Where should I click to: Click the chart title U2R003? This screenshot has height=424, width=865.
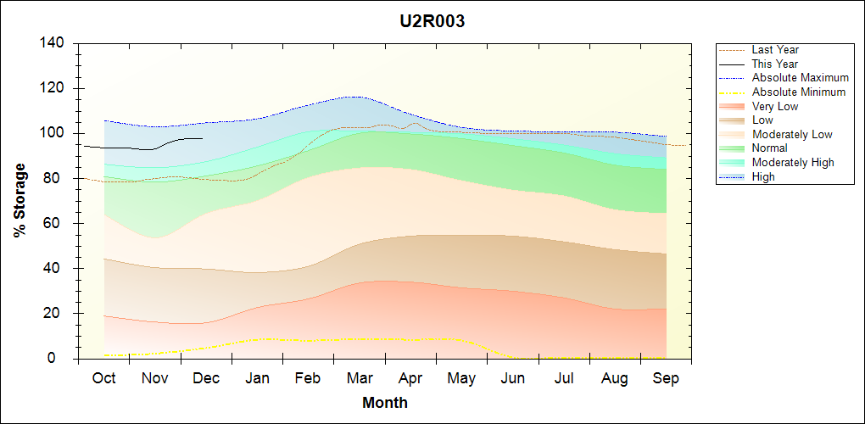pyautogui.click(x=432, y=22)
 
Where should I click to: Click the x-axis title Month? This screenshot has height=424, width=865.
pyautogui.click(x=384, y=403)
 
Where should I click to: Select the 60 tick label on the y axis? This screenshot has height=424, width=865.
pyautogui.click(x=57, y=224)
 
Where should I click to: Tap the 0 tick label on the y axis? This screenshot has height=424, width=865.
pyautogui.click(x=64, y=359)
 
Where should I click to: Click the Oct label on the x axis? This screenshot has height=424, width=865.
pyautogui.click(x=104, y=378)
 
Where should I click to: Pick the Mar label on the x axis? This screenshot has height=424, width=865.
pyautogui.click(x=360, y=378)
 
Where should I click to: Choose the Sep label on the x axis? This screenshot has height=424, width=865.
pyautogui.click(x=666, y=378)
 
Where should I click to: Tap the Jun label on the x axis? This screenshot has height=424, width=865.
pyautogui.click(x=512, y=378)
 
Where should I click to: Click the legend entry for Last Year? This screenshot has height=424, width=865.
pyautogui.click(x=775, y=50)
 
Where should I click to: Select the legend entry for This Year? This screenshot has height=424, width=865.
pyautogui.click(x=774, y=64)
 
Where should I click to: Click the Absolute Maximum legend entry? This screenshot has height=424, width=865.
pyautogui.click(x=800, y=78)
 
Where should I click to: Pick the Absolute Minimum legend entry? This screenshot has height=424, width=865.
pyautogui.click(x=798, y=92)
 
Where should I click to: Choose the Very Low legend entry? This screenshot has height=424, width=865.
pyautogui.click(x=774, y=106)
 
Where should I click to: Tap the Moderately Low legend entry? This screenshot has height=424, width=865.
pyautogui.click(x=792, y=134)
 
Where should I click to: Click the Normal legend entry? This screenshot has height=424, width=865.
pyautogui.click(x=769, y=148)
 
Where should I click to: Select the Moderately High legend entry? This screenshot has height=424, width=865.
pyautogui.click(x=793, y=162)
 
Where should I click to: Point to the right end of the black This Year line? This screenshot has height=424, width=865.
pyautogui.click(x=203, y=138)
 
